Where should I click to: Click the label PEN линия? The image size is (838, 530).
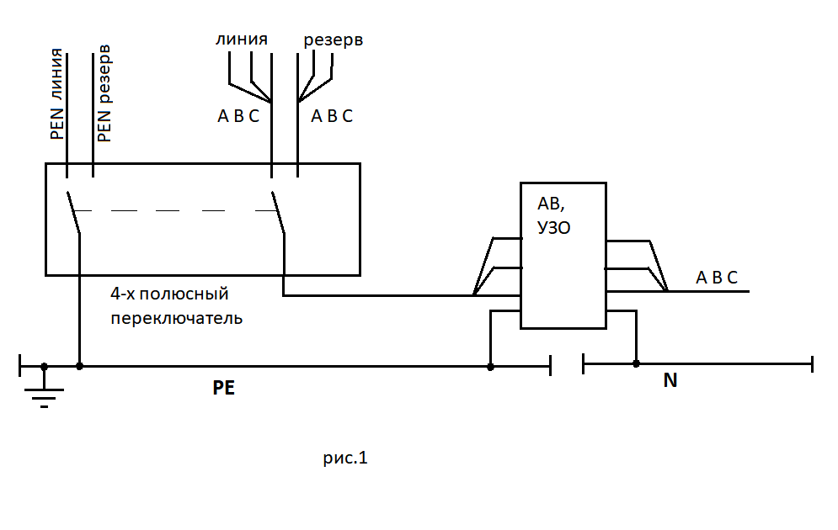[x=56, y=94]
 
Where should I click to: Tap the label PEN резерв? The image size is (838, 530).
[x=104, y=94]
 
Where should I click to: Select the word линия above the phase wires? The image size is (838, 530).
[x=242, y=40]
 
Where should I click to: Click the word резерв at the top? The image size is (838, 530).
[x=333, y=40]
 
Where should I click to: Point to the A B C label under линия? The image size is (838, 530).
[x=238, y=117]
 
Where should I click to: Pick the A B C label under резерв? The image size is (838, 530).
[x=332, y=117]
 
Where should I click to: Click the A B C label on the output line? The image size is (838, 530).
[x=717, y=278]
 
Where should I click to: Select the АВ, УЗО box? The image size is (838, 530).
[x=563, y=255]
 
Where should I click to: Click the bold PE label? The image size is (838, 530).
[x=224, y=389]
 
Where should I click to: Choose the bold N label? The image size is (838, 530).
[x=670, y=380]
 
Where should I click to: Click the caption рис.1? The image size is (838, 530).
[x=345, y=458]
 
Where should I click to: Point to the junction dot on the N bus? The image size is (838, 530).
[x=636, y=363]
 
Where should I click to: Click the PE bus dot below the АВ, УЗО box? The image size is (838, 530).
[x=490, y=367]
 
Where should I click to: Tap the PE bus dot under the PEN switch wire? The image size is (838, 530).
[x=79, y=367]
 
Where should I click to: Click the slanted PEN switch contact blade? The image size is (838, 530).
[x=73, y=212]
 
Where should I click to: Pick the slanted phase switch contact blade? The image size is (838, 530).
[x=278, y=213]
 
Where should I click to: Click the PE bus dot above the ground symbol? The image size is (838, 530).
[x=44, y=367]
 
